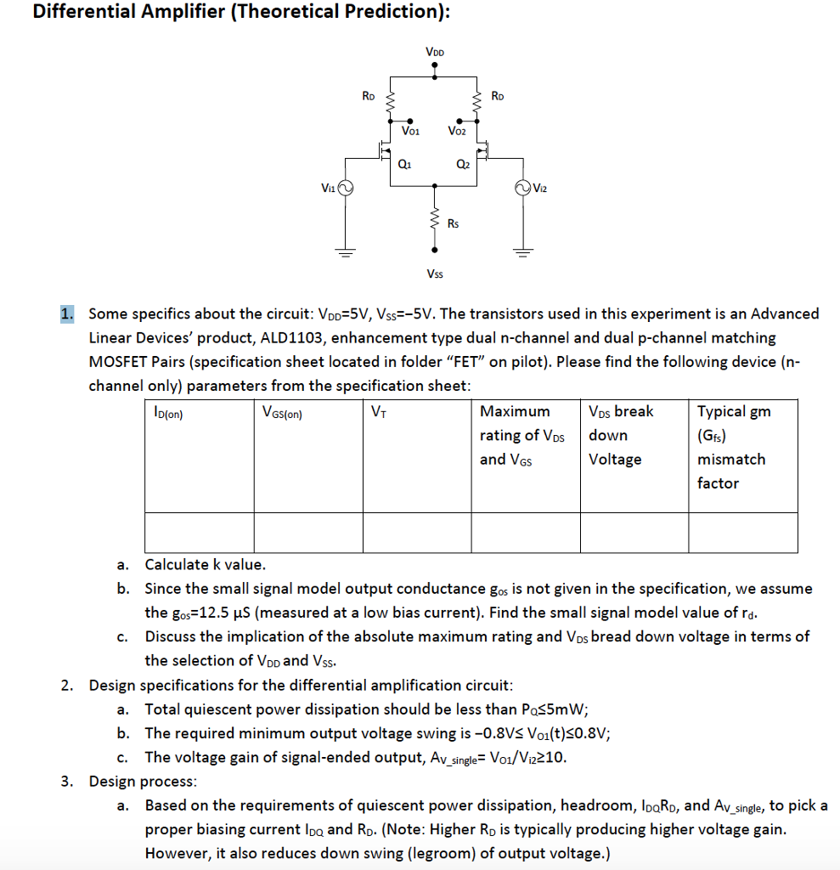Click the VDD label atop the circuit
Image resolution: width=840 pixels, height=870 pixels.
[435, 53]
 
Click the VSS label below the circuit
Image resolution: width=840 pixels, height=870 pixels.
[435, 274]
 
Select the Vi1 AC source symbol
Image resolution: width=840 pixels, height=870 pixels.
[346, 187]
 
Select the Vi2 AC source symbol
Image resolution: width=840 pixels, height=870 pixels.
[524, 187]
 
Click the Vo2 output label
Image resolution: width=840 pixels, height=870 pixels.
[456, 132]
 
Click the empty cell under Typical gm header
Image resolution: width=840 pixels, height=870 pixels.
[742, 533]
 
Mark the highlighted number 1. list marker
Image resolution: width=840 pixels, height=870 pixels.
[67, 314]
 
